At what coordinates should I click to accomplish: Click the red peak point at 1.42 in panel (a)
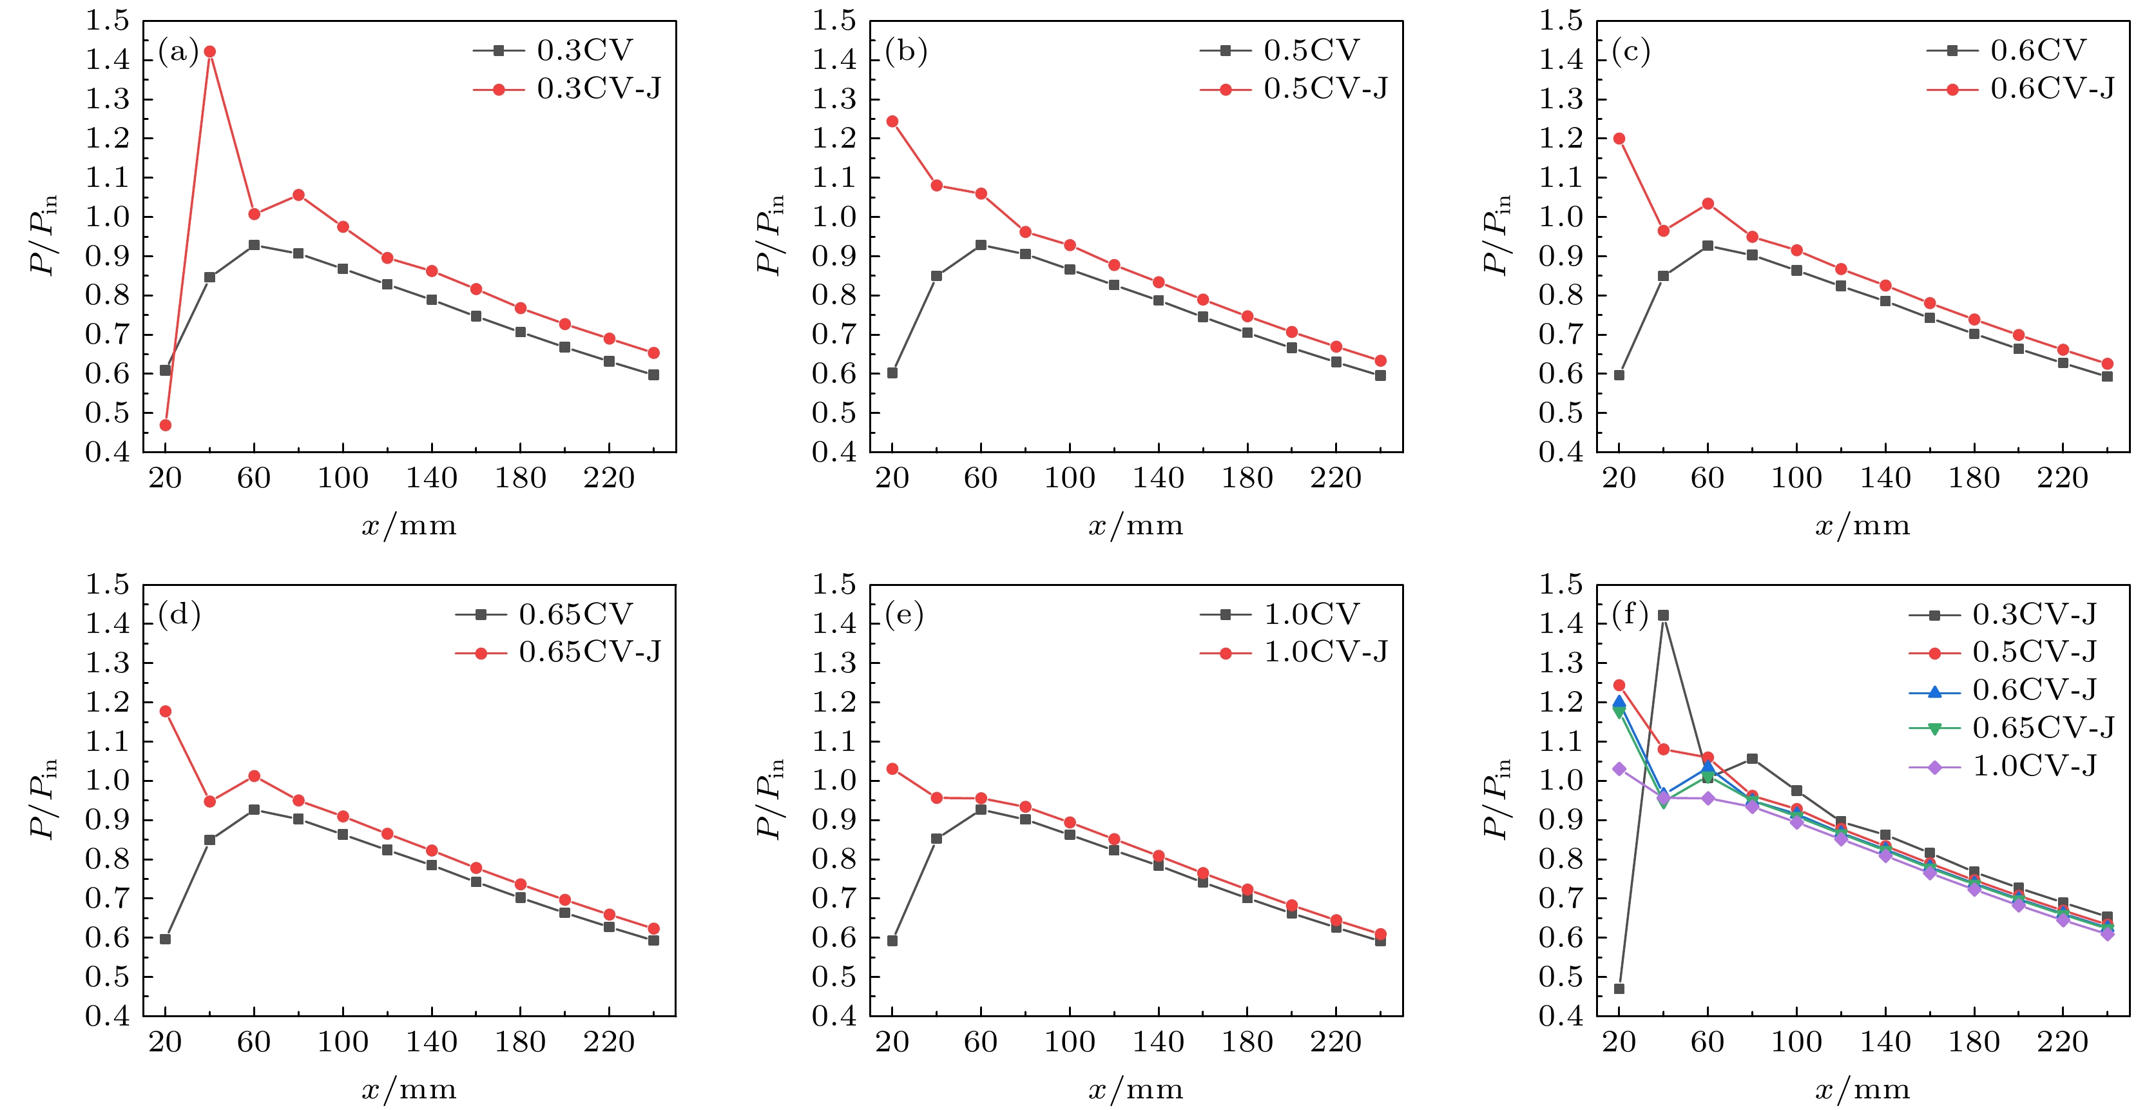[x=209, y=52]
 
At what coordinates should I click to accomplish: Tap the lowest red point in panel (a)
[x=165, y=425]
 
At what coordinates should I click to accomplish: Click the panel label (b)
[x=905, y=53]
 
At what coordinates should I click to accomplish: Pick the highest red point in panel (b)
[x=892, y=121]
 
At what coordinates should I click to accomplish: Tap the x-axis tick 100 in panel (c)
[x=1796, y=479]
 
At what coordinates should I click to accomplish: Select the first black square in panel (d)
[x=165, y=939]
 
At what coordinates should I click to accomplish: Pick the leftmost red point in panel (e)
[x=892, y=769]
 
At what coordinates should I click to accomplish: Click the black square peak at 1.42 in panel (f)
[x=1663, y=616]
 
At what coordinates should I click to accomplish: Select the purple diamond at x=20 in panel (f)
[x=1619, y=769]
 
